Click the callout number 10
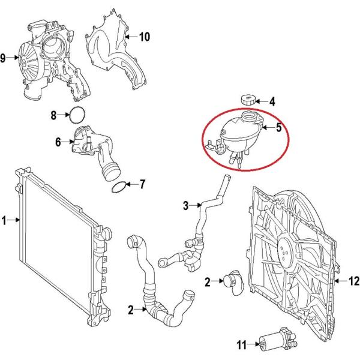145,37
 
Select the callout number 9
3,58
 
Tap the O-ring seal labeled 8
77,115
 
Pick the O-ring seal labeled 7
119,187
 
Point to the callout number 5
279,127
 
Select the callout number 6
58,142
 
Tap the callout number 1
4,220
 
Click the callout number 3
186,205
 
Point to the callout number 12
354,281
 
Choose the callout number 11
242,345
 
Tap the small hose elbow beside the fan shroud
233,282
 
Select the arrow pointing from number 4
262,101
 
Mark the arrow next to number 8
64,115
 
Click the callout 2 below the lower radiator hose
131,310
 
